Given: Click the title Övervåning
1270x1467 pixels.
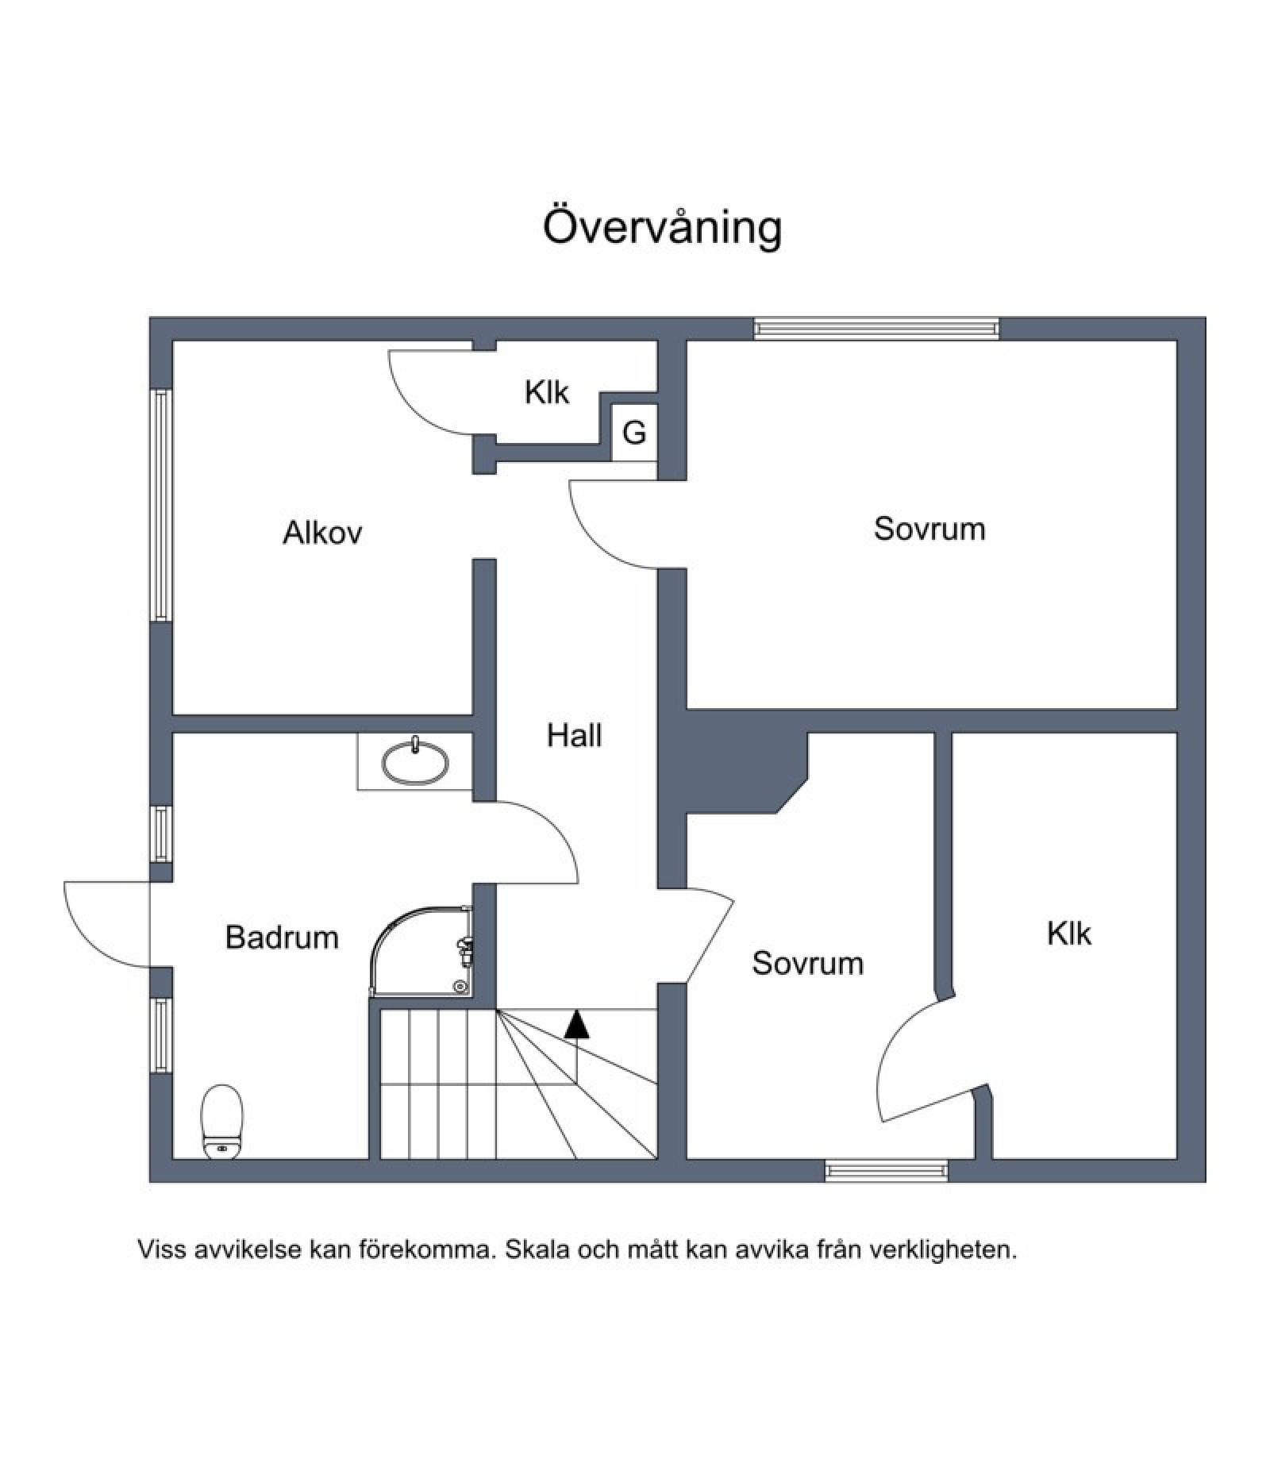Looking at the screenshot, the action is point(662,228).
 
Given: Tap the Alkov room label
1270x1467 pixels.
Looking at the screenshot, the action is point(322,533).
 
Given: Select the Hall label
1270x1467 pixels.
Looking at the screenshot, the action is point(574,736).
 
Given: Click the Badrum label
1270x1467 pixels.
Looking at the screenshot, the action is point(282,938).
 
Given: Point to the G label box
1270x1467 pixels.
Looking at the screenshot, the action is point(634,433).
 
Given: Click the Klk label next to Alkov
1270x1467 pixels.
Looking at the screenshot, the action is point(547,392).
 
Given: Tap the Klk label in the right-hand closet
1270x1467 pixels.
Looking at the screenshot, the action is point(1068,934).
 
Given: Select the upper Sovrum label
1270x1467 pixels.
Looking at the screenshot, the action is point(929,529).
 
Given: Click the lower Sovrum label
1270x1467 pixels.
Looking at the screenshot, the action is point(807,963).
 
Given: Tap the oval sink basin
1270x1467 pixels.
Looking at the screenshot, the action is point(415,762).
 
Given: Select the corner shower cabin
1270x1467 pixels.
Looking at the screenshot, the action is point(421,951).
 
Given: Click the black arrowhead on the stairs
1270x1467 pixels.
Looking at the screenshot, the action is point(577,1025).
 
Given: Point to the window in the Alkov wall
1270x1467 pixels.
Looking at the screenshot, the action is point(161,505).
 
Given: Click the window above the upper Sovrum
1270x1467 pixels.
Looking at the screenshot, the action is point(876,329).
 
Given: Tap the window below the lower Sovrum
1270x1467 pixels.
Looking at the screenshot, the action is point(887,1170).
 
